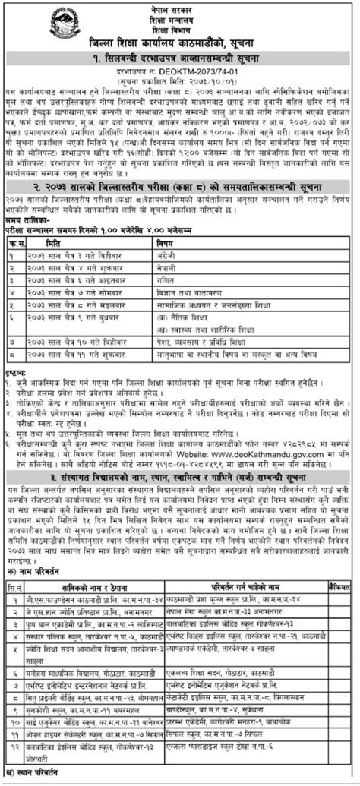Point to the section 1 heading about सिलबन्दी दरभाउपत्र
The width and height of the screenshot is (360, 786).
point(180,57)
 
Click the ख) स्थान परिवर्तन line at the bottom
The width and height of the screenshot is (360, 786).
point(33,780)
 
